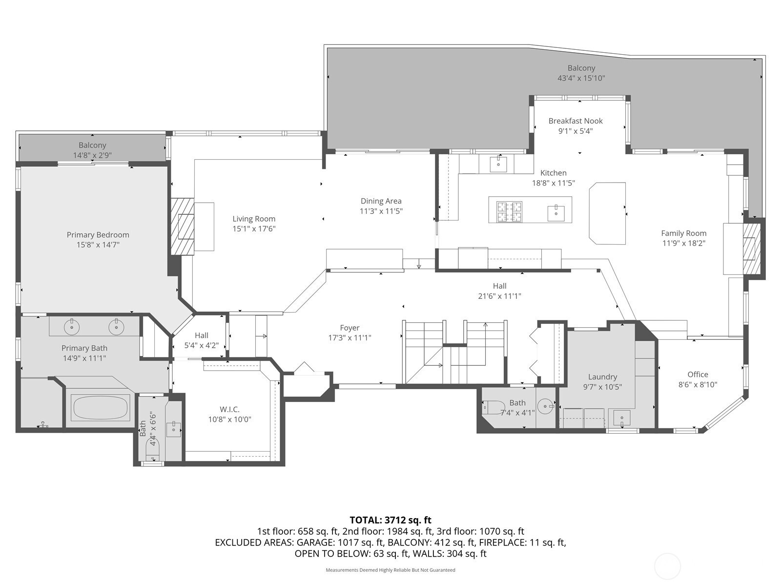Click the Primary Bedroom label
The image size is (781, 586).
point(98,235)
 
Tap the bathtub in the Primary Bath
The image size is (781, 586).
point(100,407)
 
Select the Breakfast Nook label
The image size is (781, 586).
point(575,121)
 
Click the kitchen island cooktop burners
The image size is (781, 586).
point(509,211)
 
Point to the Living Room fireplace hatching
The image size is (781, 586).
point(182,226)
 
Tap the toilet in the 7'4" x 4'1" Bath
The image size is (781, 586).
point(494,407)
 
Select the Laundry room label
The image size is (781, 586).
point(602,377)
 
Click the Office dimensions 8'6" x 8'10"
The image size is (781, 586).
point(698,385)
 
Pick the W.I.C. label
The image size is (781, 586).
point(229,410)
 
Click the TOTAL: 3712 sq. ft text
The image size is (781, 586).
point(390,520)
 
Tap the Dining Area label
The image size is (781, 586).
point(381,201)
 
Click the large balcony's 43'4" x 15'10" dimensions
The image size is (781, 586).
point(581,78)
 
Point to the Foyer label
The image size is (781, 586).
point(349,328)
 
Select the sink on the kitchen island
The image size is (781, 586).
point(556,213)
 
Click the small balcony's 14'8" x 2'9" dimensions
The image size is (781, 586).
point(93,155)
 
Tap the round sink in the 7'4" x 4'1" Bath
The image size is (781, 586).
point(545,406)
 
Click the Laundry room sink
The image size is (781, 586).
point(622,418)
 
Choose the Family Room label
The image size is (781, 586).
point(683,233)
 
